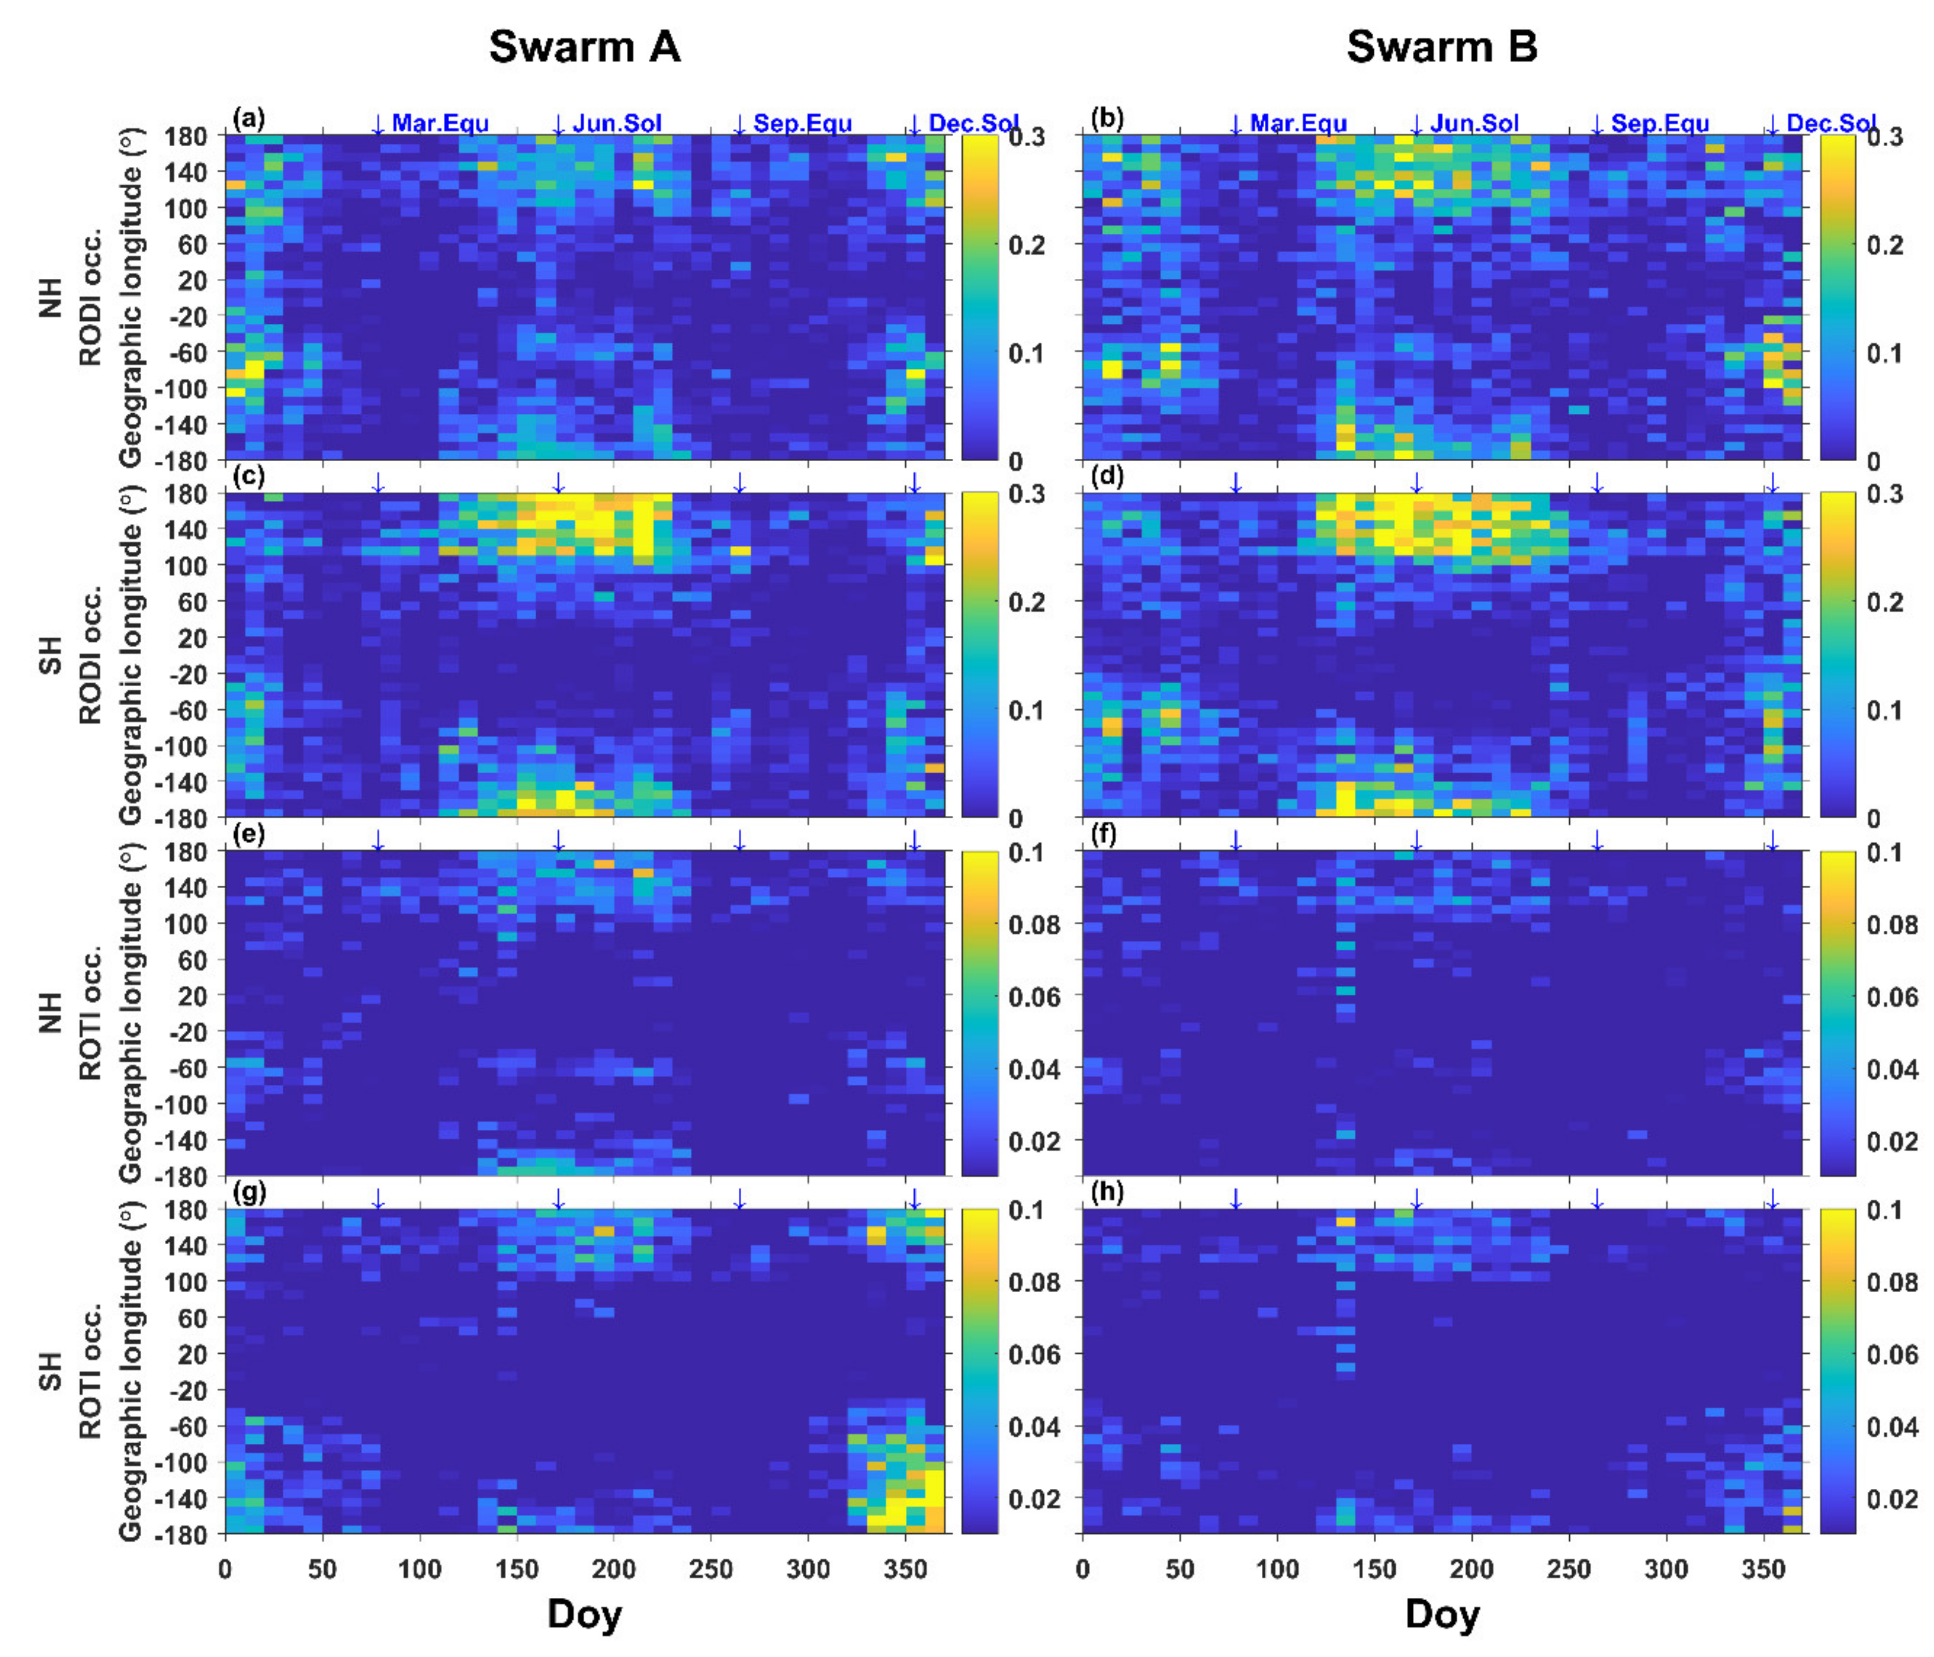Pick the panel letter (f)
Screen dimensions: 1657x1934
point(1107,833)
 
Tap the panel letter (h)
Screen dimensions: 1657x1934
point(1107,1192)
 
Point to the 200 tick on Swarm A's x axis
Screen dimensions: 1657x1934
point(613,1569)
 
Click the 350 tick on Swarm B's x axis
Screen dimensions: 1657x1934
point(1763,1569)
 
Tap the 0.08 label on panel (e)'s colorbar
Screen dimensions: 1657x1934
point(1034,924)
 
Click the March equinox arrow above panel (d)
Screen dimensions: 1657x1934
point(1236,482)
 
